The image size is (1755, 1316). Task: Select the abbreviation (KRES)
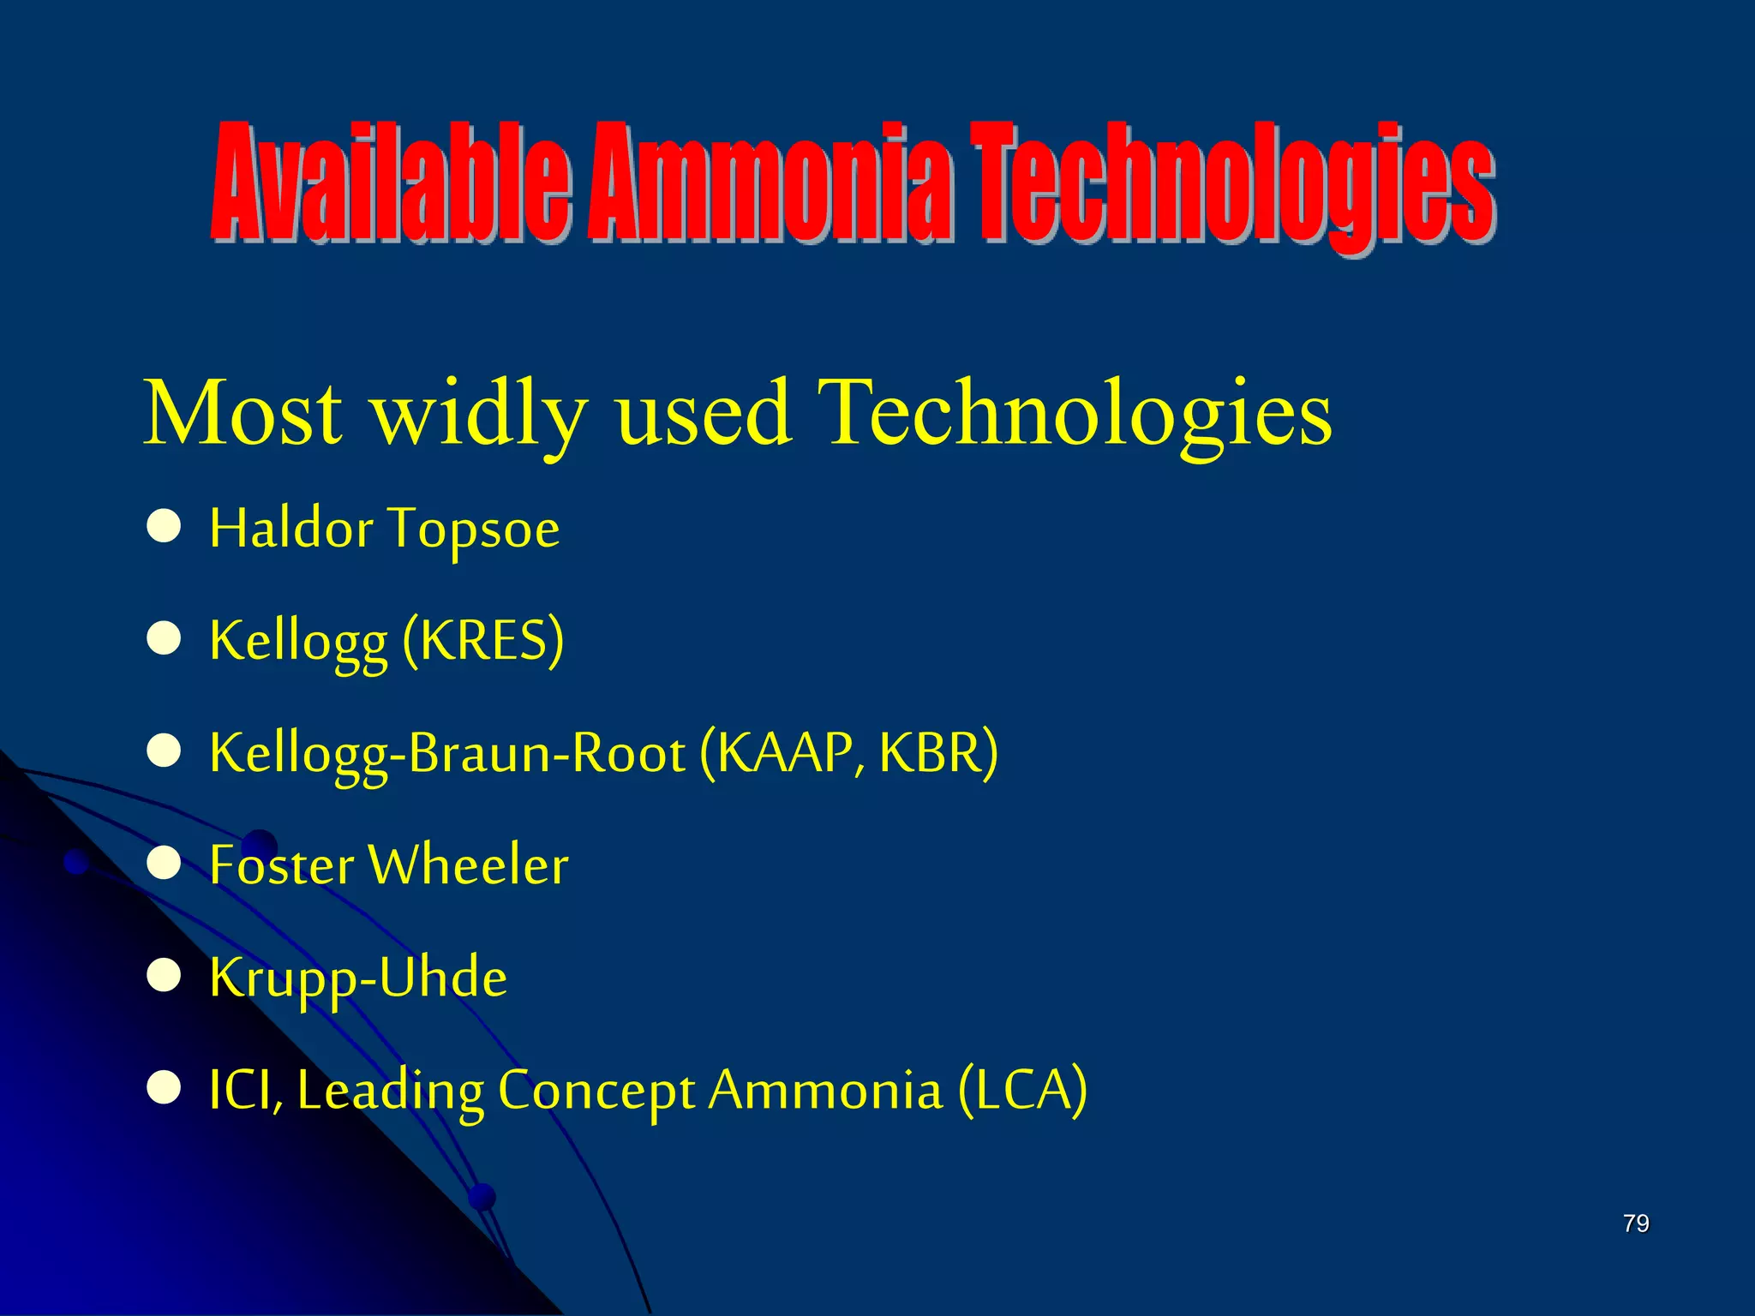click(482, 640)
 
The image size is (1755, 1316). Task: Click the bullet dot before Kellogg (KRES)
click(163, 639)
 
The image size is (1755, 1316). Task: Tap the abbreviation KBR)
click(938, 752)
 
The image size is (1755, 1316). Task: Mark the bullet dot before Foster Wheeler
click(163, 864)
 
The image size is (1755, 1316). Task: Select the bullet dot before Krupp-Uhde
click(163, 976)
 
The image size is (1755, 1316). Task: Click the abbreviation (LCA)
click(1021, 1090)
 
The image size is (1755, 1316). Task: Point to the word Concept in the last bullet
click(596, 1092)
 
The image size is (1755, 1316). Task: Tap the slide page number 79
click(1635, 1223)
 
